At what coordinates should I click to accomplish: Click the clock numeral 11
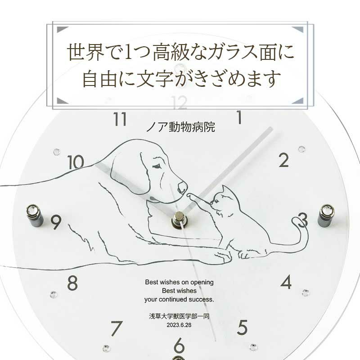tap(120, 120)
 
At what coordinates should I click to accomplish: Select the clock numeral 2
tap(283, 160)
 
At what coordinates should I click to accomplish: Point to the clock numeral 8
tap(72, 283)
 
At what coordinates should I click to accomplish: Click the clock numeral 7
tap(116, 328)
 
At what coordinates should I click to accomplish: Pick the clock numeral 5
tap(243, 326)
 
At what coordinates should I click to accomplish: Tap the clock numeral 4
tap(286, 282)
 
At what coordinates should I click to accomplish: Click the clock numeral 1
tap(239, 118)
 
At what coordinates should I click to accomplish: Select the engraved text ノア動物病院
tap(180, 127)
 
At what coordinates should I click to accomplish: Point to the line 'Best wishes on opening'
tap(179, 282)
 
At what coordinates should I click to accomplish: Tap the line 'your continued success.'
tap(179, 299)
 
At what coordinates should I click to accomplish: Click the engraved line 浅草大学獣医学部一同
tap(179, 316)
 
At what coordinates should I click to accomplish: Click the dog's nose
tap(182, 187)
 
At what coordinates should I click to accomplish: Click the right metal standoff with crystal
tap(325, 215)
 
